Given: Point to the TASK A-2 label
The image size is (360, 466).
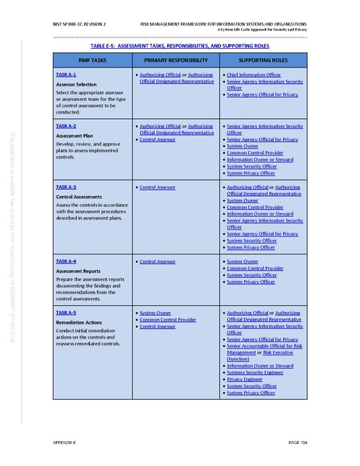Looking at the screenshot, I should (66, 124).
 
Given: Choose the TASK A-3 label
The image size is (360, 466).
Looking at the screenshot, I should (66, 187).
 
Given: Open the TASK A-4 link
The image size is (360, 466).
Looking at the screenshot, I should (66, 261).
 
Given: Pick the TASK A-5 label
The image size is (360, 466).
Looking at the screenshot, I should (66, 312).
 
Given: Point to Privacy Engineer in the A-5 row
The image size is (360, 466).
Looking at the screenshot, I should (248, 379).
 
